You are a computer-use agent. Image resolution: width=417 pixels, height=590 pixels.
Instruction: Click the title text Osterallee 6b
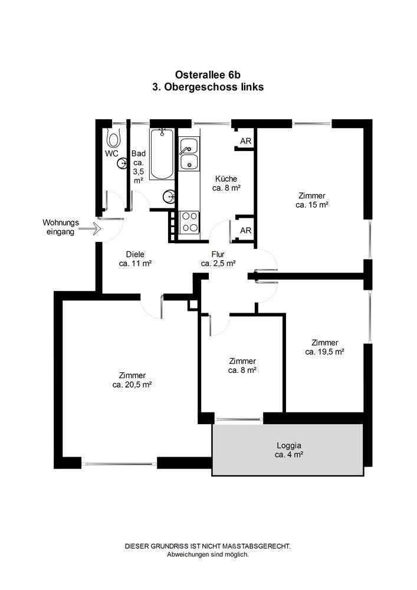[208, 75]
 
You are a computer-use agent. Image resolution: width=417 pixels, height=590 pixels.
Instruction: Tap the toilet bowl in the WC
[113, 138]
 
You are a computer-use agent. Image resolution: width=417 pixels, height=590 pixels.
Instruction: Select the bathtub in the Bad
[162, 155]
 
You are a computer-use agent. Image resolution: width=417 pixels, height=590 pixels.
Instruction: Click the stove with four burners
[189, 222]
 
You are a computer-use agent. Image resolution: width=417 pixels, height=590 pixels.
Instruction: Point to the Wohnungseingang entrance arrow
[90, 228]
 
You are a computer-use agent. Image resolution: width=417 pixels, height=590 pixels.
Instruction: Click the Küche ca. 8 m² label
[226, 183]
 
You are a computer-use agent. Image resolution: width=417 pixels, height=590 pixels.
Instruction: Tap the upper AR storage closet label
[245, 141]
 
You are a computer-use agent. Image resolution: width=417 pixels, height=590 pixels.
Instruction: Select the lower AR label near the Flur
[245, 230]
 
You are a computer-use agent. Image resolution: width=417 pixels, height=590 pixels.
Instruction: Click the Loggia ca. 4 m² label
[289, 450]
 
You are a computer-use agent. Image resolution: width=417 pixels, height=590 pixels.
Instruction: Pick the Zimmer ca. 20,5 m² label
[132, 380]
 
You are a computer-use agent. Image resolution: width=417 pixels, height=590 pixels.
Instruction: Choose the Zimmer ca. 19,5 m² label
[325, 348]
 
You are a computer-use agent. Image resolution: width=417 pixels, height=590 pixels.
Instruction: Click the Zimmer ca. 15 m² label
[312, 200]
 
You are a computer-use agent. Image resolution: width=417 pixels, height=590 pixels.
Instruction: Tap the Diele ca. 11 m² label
[135, 259]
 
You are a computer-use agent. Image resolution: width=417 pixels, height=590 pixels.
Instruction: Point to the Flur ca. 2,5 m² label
[218, 259]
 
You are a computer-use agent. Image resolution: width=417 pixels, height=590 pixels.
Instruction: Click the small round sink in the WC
[122, 163]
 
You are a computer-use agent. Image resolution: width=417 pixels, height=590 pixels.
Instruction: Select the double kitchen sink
[189, 153]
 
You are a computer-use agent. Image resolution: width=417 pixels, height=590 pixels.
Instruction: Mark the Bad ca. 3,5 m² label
[139, 167]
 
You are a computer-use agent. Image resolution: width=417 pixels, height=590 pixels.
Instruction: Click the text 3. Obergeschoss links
[208, 87]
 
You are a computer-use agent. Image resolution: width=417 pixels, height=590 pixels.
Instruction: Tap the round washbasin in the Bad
[169, 196]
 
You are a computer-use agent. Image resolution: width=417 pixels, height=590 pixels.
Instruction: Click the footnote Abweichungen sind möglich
[208, 554]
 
